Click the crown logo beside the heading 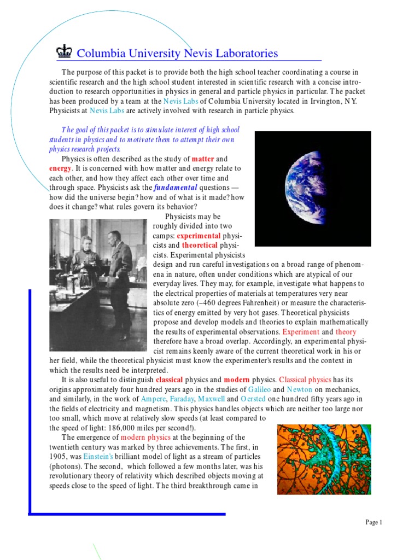[x=65, y=52]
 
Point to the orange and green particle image [x=324, y=459]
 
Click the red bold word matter [x=202, y=159]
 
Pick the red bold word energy [x=60, y=168]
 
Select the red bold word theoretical [x=200, y=246]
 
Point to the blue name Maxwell [x=211, y=399]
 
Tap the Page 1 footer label [x=374, y=522]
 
